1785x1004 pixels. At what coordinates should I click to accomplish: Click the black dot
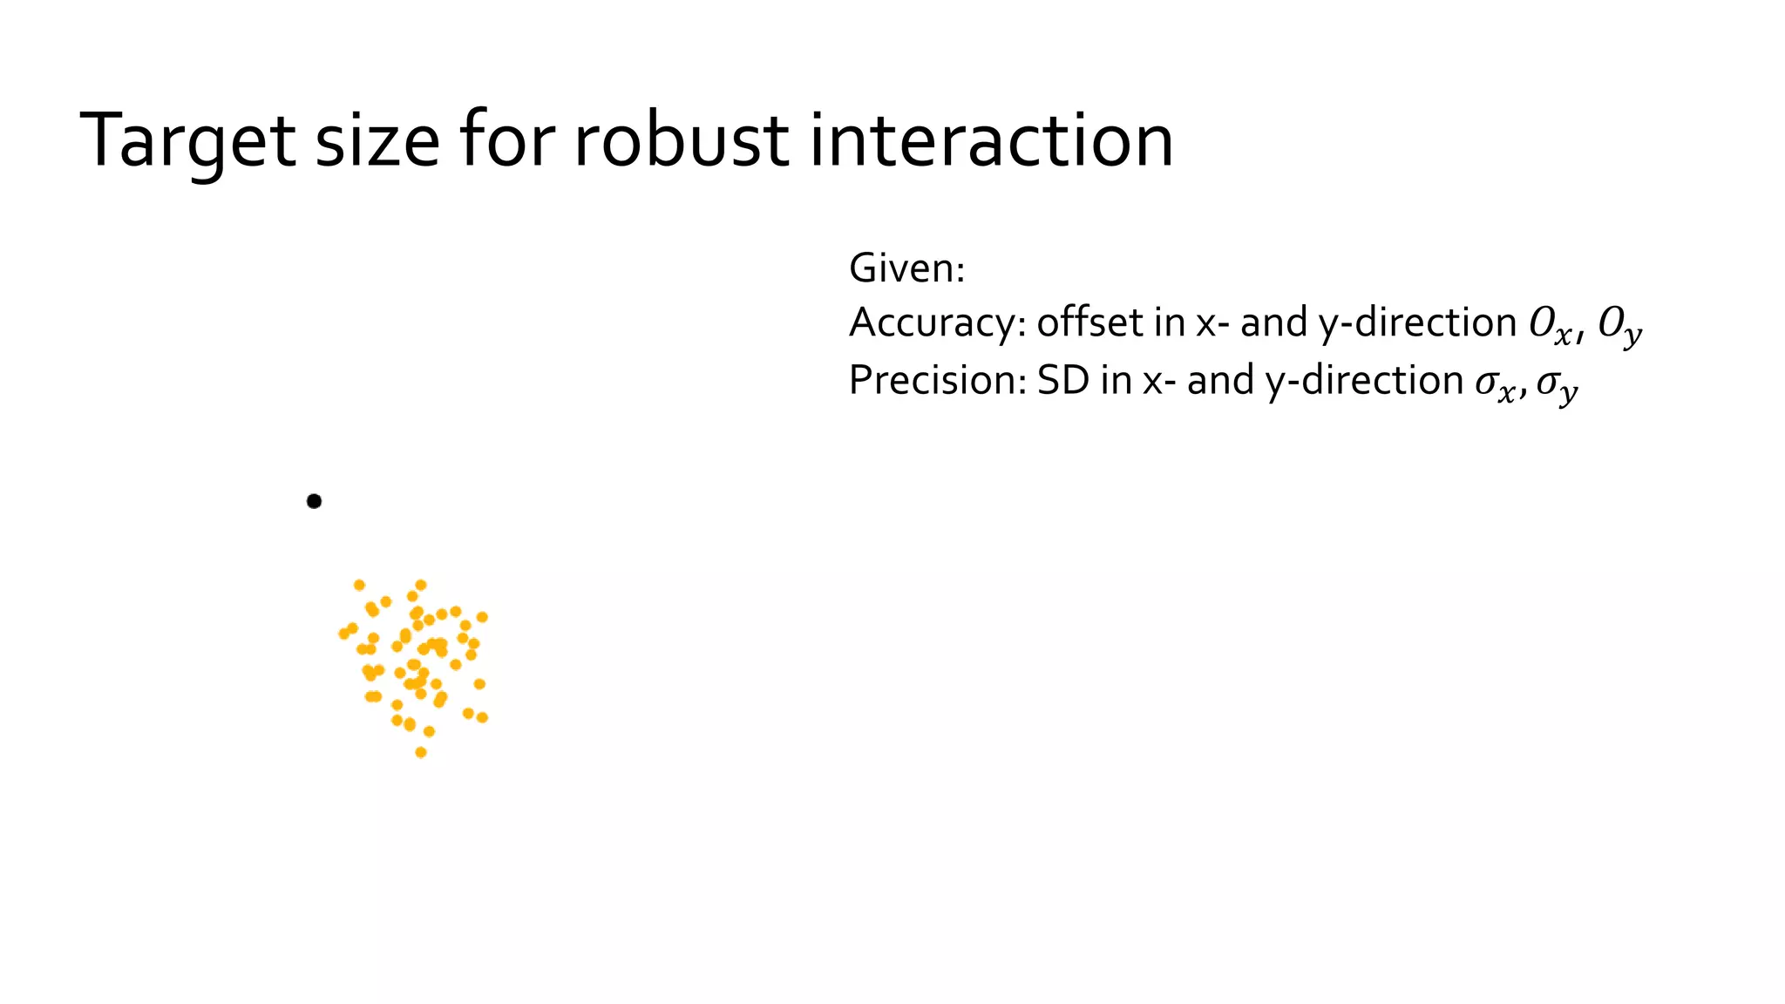pos(314,501)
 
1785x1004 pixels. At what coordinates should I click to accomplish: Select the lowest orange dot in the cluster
pos(421,752)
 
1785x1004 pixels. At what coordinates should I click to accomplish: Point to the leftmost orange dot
pos(344,634)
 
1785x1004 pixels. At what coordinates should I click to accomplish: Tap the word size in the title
pos(377,142)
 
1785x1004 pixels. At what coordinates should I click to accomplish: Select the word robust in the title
pos(681,140)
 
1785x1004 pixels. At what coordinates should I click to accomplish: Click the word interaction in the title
pos(992,140)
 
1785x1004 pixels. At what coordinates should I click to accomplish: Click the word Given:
pos(906,268)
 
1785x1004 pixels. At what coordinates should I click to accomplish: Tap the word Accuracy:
pos(936,324)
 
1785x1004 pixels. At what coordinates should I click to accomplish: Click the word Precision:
pos(936,381)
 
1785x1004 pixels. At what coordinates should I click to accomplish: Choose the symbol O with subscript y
pos(1619,326)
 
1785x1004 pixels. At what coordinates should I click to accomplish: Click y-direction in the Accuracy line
pos(1417,324)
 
